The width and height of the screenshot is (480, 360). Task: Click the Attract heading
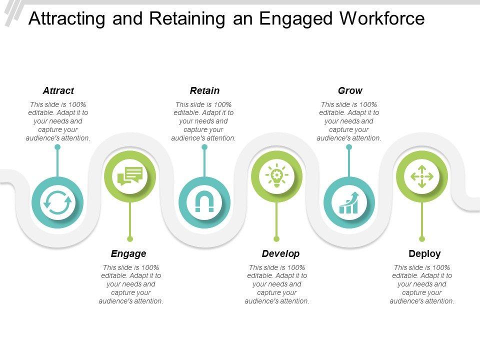pos(58,90)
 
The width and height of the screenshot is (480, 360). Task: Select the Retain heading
pos(204,90)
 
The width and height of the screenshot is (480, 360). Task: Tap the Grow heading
pos(350,90)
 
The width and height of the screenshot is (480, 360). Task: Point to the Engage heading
pos(128,254)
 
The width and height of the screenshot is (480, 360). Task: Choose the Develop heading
pos(280,253)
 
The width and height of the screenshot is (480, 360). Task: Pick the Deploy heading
pos(424,253)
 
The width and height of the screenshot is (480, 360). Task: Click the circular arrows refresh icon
pos(57,202)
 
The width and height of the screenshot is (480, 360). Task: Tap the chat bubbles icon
pos(130,176)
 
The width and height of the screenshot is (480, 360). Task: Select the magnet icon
pos(204,201)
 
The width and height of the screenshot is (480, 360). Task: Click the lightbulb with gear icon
pos(276,175)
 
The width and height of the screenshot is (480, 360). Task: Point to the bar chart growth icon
pos(349,202)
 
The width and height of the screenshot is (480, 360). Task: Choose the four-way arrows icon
pos(422,176)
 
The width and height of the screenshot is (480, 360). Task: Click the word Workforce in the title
pos(382,18)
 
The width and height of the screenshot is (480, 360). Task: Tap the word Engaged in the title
pos(295,19)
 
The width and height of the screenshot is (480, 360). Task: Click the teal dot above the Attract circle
pos(57,147)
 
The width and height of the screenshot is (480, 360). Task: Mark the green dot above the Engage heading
pos(130,239)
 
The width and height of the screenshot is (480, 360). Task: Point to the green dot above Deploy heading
pos(422,239)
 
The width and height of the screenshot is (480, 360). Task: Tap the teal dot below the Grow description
pos(349,147)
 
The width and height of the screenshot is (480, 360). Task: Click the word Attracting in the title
pos(66,19)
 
